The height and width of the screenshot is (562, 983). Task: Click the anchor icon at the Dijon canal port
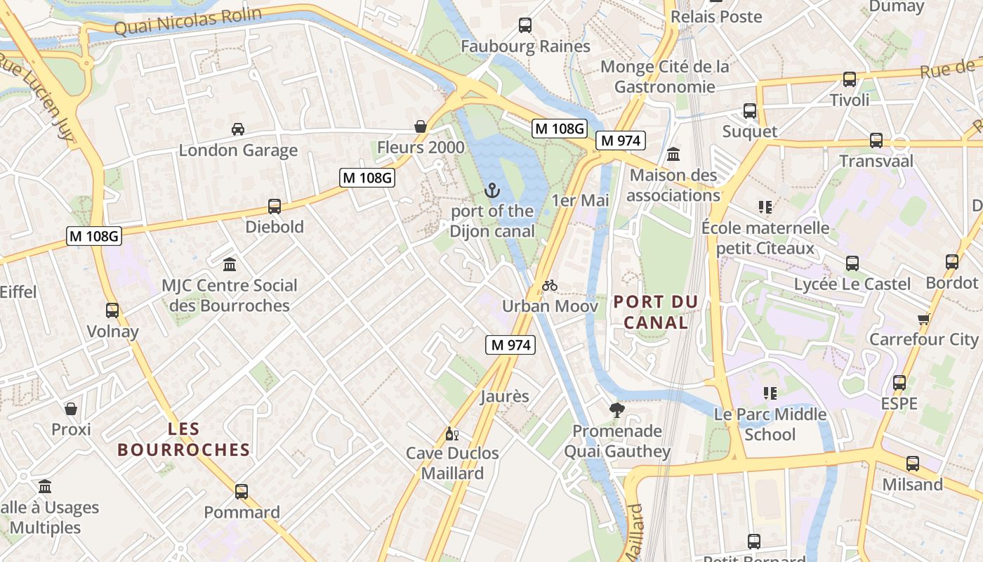coord(492,190)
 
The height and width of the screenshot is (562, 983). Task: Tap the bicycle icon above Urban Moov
coord(550,285)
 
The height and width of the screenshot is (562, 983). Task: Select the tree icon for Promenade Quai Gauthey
coord(617,410)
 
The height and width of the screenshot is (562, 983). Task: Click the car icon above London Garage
coord(238,129)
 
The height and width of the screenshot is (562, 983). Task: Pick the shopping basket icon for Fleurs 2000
coord(421,126)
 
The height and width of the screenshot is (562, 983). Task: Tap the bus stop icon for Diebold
coord(275,207)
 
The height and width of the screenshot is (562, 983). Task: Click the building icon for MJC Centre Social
coord(230,265)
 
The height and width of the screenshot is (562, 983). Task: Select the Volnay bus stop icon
coord(112,311)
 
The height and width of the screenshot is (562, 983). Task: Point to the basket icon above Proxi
coord(71,409)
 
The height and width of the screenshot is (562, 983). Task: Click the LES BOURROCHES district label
coord(184,439)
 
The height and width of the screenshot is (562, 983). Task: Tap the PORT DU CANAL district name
coord(656,312)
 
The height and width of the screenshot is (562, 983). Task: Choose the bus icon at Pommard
coord(242,492)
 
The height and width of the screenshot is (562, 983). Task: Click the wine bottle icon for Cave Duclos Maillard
coord(452,433)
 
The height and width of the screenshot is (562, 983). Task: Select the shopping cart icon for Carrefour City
coord(923,319)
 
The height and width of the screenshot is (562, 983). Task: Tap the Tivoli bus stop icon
coord(850,79)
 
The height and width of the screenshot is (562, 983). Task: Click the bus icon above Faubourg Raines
coord(525,26)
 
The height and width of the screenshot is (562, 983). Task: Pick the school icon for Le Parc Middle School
coord(770,393)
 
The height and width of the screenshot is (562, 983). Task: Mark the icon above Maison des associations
coord(673,154)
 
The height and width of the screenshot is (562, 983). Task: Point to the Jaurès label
coord(505,396)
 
